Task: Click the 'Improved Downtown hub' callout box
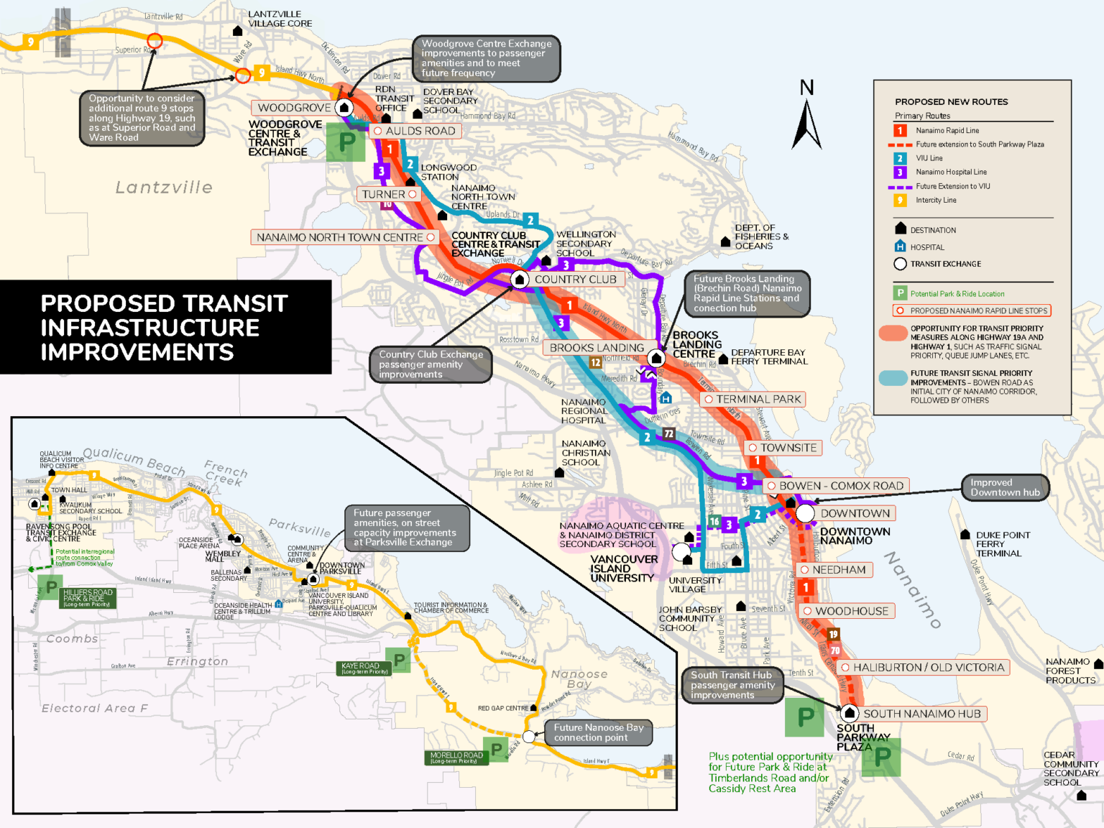click(x=1005, y=487)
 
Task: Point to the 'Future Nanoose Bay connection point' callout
click(x=598, y=732)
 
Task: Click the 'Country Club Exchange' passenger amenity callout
click(x=431, y=364)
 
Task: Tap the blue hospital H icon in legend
click(x=900, y=247)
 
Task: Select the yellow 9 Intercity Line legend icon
click(x=900, y=201)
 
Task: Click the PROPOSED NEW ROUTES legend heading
click(x=951, y=102)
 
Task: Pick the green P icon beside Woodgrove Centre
click(x=346, y=142)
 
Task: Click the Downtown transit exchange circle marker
click(x=805, y=513)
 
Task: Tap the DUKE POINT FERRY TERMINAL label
click(x=1002, y=544)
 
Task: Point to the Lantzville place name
click(x=164, y=188)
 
